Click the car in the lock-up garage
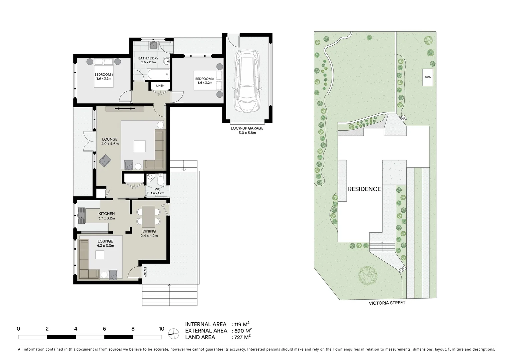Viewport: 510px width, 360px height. tap(247, 81)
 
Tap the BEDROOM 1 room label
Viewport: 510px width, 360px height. tap(104, 74)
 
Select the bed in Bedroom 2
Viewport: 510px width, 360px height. tap(209, 80)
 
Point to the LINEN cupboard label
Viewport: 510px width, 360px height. tap(160, 86)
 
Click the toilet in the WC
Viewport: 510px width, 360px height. tap(160, 180)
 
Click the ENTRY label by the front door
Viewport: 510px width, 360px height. tap(145, 272)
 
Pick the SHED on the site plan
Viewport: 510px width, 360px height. tap(428, 77)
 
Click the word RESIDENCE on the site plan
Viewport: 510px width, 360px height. tap(364, 189)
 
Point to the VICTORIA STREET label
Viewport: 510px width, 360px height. tap(387, 303)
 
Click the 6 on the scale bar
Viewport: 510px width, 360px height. tap(104, 329)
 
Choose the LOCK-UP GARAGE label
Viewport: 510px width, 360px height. tap(247, 128)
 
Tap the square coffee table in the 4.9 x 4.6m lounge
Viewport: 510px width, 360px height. tap(140, 146)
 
